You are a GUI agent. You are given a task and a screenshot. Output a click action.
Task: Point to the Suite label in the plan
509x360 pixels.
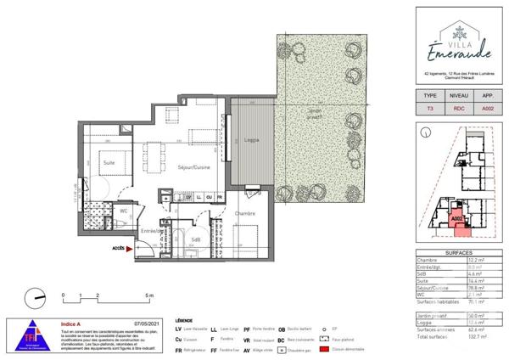(x=109, y=160)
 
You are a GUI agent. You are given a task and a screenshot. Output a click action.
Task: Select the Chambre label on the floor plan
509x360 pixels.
(x=246, y=213)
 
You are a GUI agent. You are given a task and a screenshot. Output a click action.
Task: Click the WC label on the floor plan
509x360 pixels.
(x=123, y=211)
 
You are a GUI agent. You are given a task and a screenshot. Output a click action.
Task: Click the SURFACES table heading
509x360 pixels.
(x=458, y=251)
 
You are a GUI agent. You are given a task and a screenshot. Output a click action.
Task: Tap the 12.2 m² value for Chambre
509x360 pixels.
(x=481, y=258)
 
